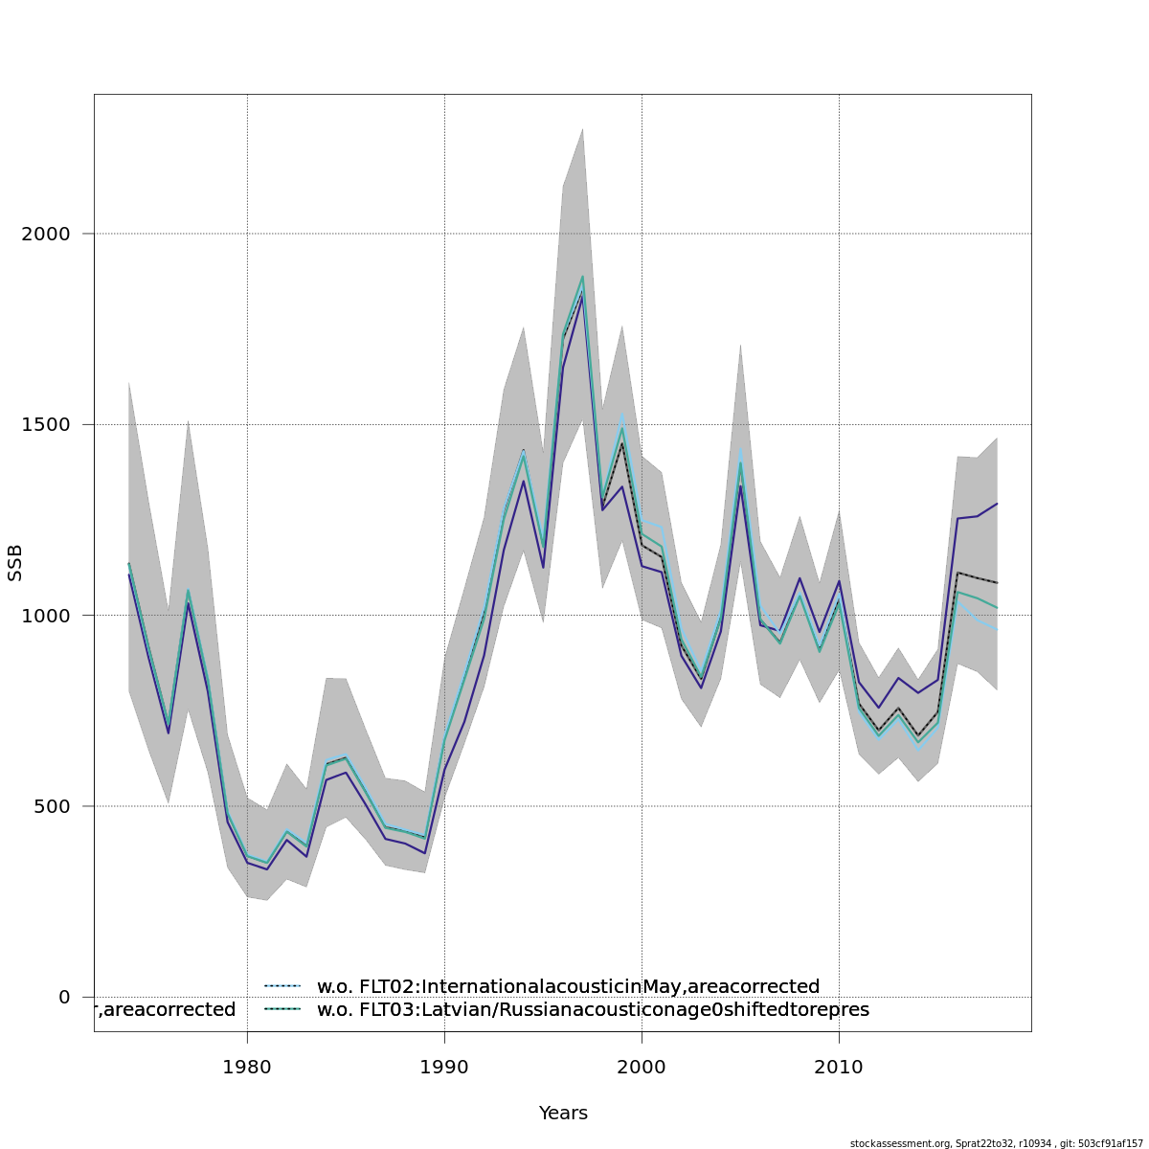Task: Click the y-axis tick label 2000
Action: click(x=44, y=234)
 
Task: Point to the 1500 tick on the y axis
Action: click(x=44, y=424)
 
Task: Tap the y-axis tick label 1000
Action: click(x=44, y=615)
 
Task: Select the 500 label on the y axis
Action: click(x=51, y=806)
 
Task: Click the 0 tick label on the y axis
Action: click(x=64, y=997)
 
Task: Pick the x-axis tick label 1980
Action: click(x=247, y=1065)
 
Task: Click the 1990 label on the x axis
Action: click(x=444, y=1065)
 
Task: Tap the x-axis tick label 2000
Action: click(x=642, y=1065)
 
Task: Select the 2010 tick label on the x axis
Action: click(x=839, y=1065)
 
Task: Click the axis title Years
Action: click(x=563, y=1114)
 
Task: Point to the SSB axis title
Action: click(x=15, y=563)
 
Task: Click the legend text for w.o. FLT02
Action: click(x=568, y=987)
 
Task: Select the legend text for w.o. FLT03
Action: click(x=593, y=1010)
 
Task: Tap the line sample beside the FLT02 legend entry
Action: click(x=282, y=986)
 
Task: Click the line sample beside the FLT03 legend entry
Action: click(x=282, y=1009)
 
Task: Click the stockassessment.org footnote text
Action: click(x=996, y=1143)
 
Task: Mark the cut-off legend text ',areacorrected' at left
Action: click(x=165, y=1010)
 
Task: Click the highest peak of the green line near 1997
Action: click(x=582, y=277)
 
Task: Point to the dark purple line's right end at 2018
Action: click(x=997, y=504)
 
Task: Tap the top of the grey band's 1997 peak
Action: click(x=582, y=129)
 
